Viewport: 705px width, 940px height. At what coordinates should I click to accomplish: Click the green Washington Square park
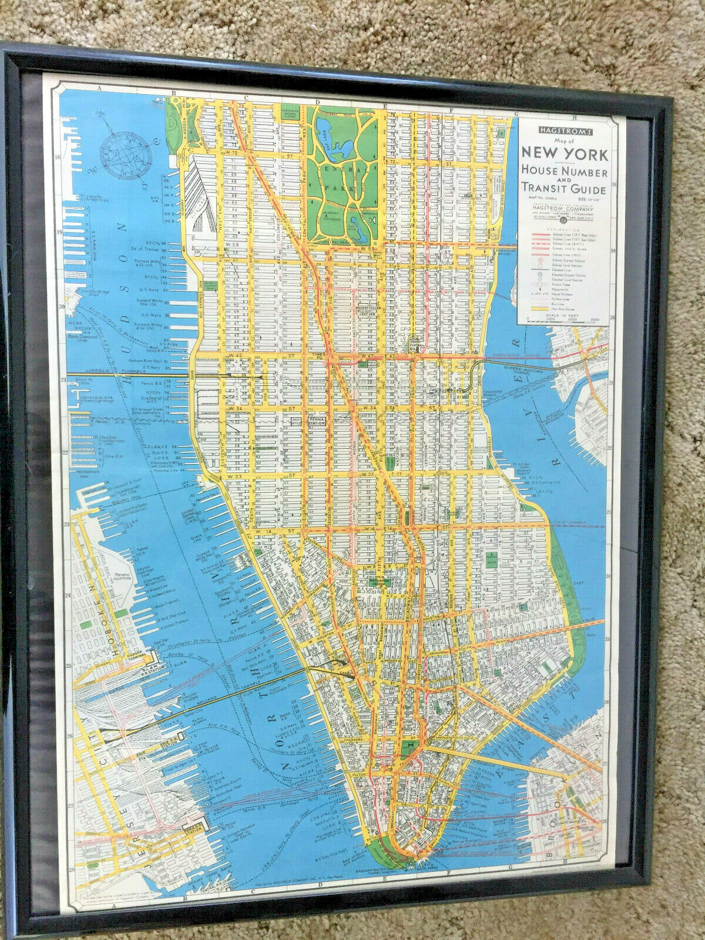[376, 582]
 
